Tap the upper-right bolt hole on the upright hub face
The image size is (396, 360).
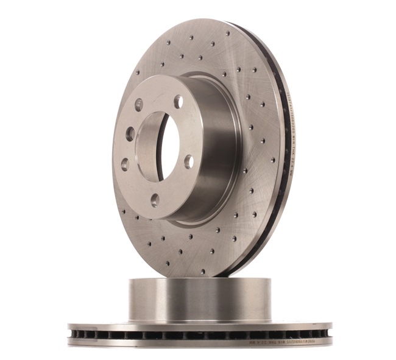click(178, 101)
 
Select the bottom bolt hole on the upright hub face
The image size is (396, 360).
click(155, 199)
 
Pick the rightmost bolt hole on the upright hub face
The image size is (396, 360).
click(189, 161)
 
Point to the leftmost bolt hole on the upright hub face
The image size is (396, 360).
click(124, 164)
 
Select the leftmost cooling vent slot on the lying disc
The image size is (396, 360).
click(76, 334)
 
